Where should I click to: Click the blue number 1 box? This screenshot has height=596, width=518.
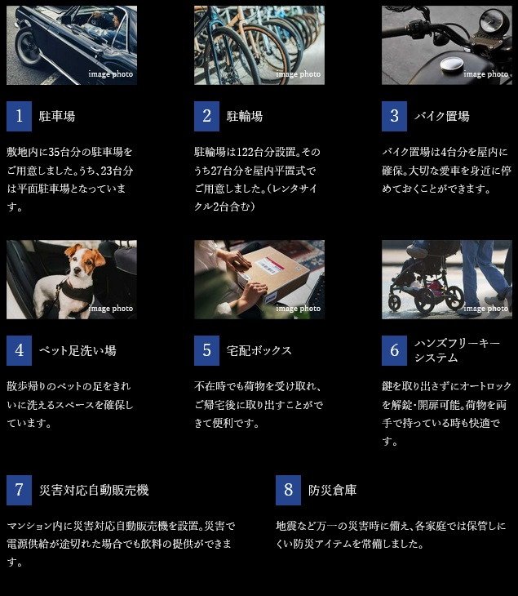(x=19, y=116)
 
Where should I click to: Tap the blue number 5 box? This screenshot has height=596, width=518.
(x=206, y=350)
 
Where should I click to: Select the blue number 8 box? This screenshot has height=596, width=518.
(x=288, y=490)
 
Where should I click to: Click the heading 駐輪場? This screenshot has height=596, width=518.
(x=245, y=116)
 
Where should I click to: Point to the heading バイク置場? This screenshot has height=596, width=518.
(x=442, y=116)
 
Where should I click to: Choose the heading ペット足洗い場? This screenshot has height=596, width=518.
(x=77, y=350)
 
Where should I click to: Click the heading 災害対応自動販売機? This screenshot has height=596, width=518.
(x=94, y=490)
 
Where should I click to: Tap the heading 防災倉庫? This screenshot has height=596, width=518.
(x=332, y=490)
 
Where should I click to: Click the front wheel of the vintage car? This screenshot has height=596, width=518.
(x=28, y=47)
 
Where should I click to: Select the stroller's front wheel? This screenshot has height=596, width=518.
(x=395, y=303)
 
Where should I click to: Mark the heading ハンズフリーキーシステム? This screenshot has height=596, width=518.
(x=458, y=350)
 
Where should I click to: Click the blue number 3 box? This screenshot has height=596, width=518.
(x=394, y=116)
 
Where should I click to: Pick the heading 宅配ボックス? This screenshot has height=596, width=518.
(x=259, y=350)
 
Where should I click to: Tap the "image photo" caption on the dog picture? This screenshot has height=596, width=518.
(x=110, y=309)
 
